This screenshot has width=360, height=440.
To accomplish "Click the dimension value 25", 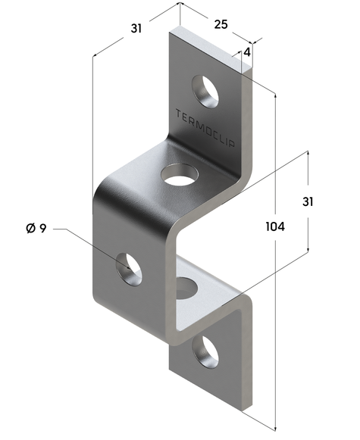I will [221, 24].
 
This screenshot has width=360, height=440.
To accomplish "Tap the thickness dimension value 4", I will [246, 52].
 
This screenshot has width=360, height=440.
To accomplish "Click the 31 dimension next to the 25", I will [136, 29].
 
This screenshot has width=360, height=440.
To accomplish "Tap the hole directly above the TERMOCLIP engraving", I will [205, 90].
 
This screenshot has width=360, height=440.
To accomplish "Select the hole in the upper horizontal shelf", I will [178, 177].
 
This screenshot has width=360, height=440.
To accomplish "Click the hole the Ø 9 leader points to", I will [129, 270].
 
